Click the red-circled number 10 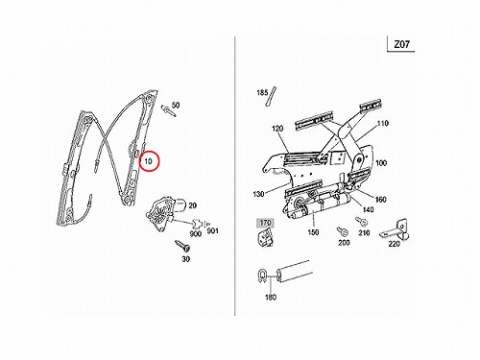click(x=148, y=161)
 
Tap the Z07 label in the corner click(x=401, y=44)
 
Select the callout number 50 click(x=176, y=105)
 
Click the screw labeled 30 click(x=182, y=246)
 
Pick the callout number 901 click(x=212, y=230)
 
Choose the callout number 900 click(x=195, y=233)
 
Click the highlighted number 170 click(x=265, y=223)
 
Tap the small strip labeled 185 click(x=271, y=96)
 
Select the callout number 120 click(x=277, y=129)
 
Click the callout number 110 click(x=383, y=123)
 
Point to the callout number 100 click(x=381, y=163)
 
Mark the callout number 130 click(x=258, y=194)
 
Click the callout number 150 click(x=313, y=232)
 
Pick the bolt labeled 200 click(x=342, y=231)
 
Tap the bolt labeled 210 click(x=361, y=222)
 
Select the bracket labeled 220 click(x=396, y=230)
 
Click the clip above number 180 click(x=262, y=276)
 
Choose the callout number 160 click(x=380, y=200)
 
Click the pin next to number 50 click(x=169, y=110)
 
